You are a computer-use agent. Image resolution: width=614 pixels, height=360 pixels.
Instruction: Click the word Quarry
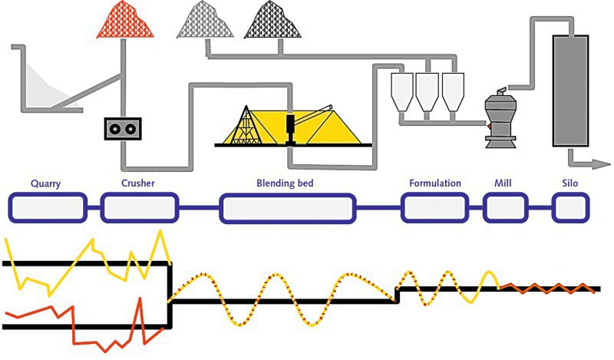46,183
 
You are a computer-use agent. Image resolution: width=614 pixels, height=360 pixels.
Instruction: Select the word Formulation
434,183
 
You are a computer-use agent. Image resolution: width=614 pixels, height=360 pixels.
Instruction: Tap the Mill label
504,183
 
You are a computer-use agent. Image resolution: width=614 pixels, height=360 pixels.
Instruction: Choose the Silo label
570,183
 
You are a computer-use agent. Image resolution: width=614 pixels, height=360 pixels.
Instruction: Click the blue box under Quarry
46,207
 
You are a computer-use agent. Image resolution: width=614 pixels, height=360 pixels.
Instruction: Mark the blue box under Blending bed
288,208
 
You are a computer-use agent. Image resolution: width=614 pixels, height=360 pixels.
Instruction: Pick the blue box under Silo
571,207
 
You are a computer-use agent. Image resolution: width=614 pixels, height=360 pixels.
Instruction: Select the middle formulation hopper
427,91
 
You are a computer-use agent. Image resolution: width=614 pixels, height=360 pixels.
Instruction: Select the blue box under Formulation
434,207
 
